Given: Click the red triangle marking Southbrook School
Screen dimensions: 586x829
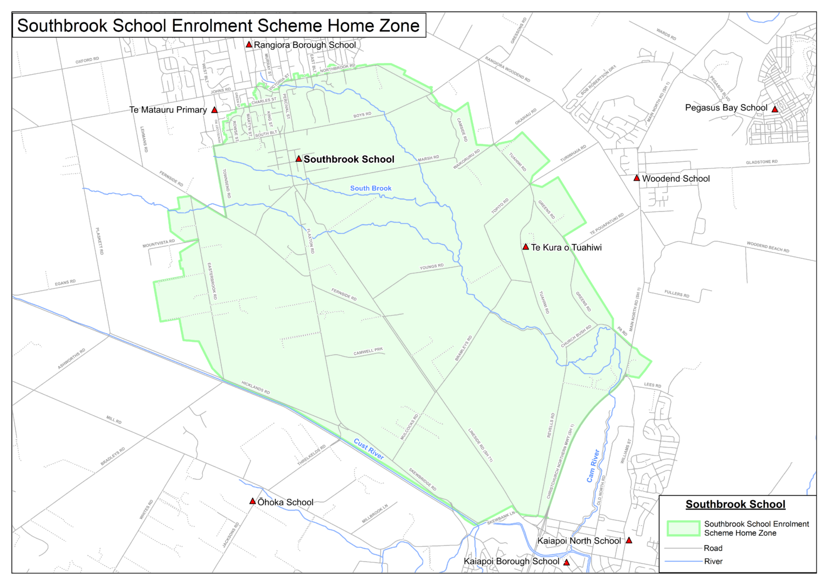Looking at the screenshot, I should coord(298,159).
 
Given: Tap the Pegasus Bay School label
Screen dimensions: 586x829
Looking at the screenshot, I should coord(726,108).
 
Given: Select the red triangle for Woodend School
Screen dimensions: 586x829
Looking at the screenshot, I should coord(637,178).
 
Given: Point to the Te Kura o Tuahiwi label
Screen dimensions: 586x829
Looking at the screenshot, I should coord(566,247).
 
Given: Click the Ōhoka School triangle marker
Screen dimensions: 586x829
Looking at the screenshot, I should coord(252,501).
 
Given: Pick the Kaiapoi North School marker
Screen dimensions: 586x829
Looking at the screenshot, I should coord(629,540).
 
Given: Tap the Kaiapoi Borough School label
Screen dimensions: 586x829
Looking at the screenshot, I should coord(511,562).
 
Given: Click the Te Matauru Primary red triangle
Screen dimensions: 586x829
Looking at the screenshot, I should coord(214,110).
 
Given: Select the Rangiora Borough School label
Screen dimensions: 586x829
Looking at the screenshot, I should coord(304,45).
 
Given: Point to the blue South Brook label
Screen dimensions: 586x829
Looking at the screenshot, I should coord(371,188).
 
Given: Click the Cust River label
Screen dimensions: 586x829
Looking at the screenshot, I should coord(369,449).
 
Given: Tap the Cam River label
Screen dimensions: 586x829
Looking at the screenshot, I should coord(593,466).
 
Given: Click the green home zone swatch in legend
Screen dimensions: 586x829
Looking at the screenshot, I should coord(683,528).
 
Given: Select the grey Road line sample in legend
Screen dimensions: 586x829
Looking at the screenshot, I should coord(683,548).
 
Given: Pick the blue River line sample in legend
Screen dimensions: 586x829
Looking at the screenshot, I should coord(683,562).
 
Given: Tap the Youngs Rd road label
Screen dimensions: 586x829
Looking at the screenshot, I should coord(432,267).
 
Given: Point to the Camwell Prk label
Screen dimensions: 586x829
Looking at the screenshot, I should coord(368,351).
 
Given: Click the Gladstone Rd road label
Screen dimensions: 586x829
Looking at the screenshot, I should coord(762,162).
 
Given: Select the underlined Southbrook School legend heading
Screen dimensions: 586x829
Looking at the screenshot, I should coord(735,505).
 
